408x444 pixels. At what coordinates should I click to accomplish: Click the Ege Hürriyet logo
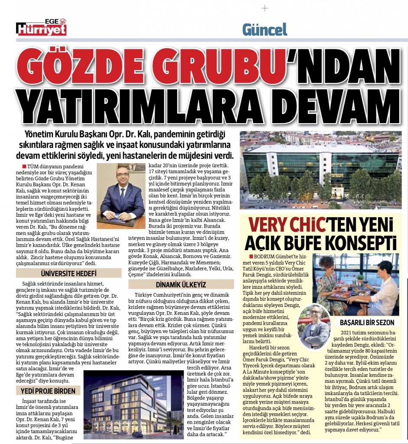pyautogui.click(x=41, y=28)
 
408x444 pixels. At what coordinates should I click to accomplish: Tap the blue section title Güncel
pyautogui.click(x=264, y=29)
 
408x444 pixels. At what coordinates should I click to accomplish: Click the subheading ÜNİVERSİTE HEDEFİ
pyautogui.click(x=69, y=273)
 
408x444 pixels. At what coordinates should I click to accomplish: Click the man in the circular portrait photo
pyautogui.click(x=316, y=326)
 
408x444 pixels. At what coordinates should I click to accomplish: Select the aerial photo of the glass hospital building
pyautogui.click(x=320, y=170)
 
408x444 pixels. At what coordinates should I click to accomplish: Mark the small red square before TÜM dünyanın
pyautogui.click(x=24, y=166)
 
